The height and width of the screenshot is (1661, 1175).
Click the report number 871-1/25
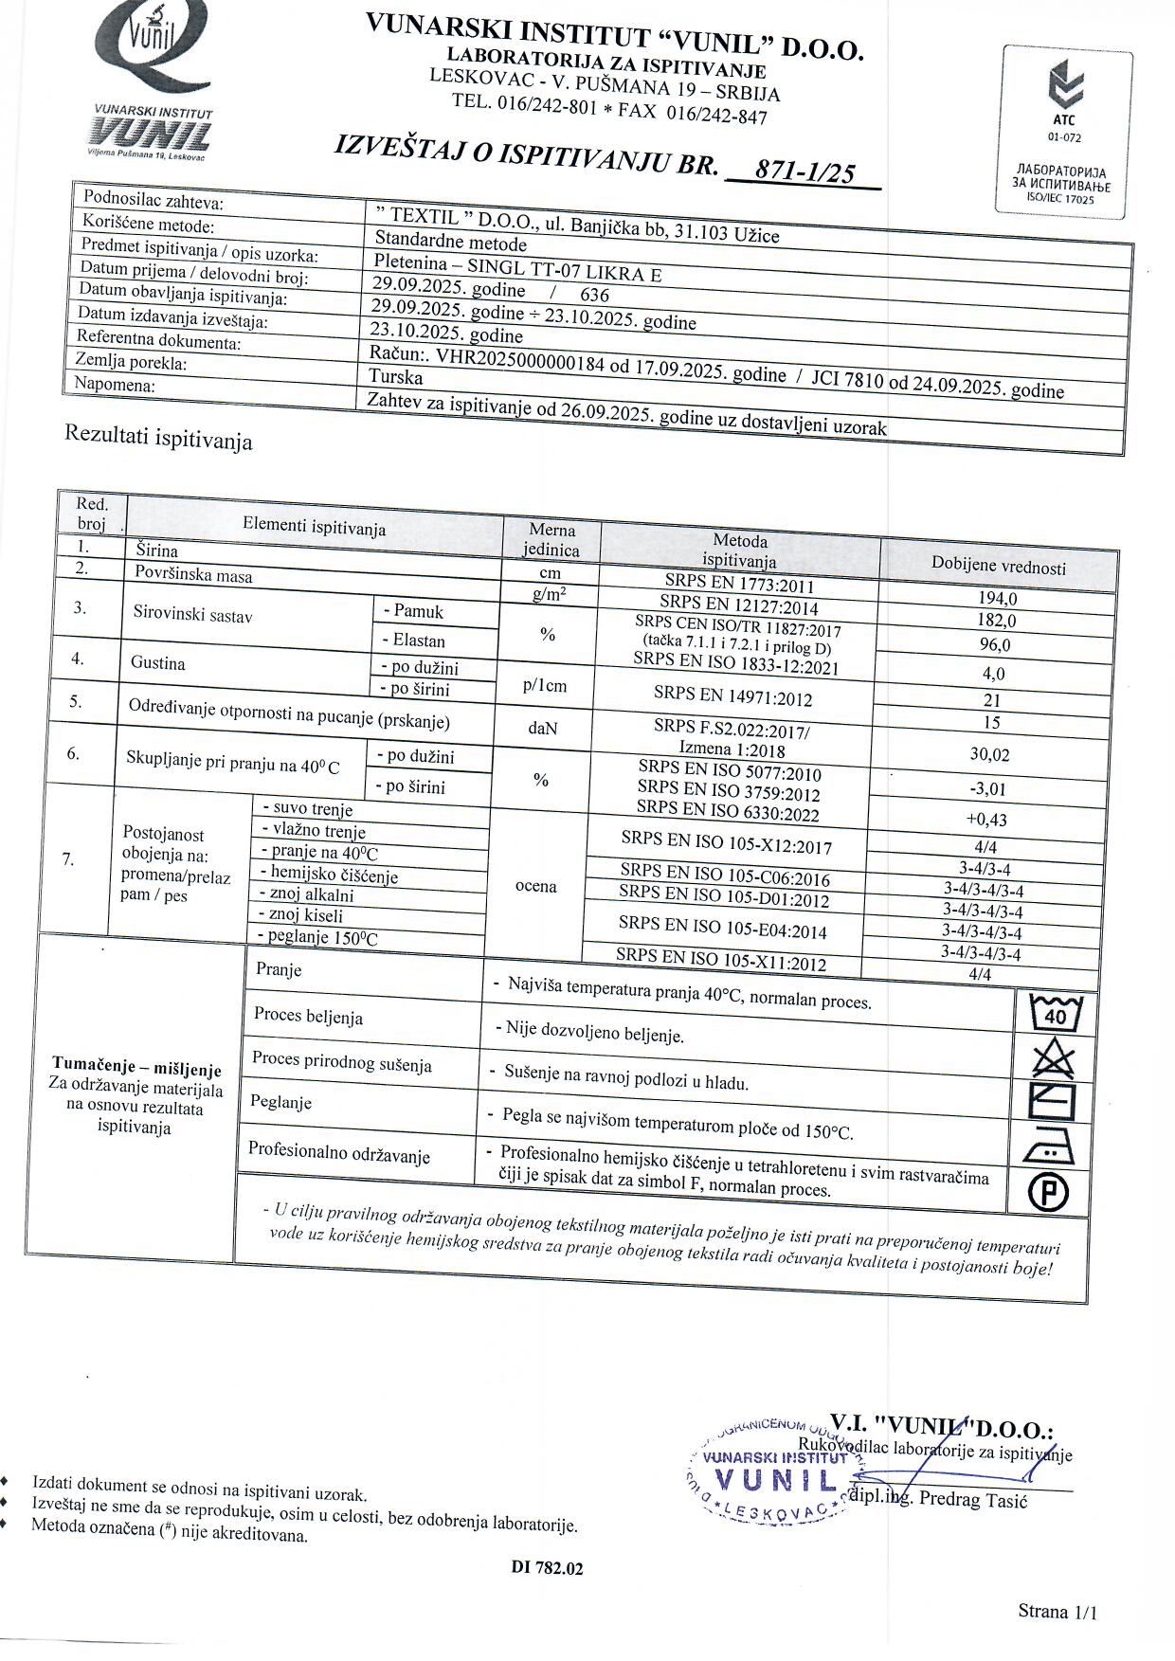pyautogui.click(x=804, y=172)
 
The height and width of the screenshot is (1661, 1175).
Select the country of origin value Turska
pyautogui.click(x=396, y=377)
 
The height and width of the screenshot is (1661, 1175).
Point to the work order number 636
pyautogui.click(x=594, y=295)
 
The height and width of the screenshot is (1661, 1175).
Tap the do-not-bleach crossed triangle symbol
pyautogui.click(x=1053, y=1058)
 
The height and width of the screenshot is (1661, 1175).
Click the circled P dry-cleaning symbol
pyautogui.click(x=1048, y=1192)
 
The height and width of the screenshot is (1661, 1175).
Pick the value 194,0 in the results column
pyautogui.click(x=997, y=599)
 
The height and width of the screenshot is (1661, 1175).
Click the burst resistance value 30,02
pyautogui.click(x=989, y=755)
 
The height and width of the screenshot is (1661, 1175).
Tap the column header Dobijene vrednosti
pyautogui.click(x=998, y=567)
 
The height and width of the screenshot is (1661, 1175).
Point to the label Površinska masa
pyautogui.click(x=193, y=574)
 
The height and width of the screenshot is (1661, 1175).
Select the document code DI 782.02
pyautogui.click(x=547, y=1567)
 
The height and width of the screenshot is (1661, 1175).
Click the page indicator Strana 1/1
pyautogui.click(x=1057, y=1611)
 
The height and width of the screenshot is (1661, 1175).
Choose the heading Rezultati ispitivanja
pyautogui.click(x=158, y=438)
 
